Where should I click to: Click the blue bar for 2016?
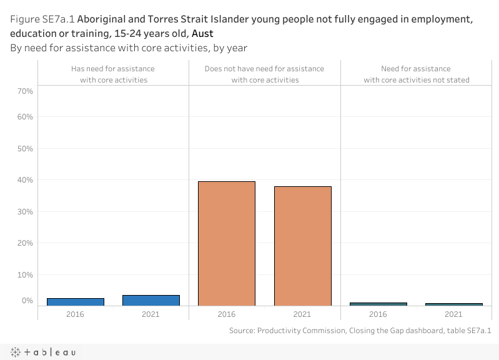(x=75, y=302)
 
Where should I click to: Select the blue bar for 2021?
(x=151, y=301)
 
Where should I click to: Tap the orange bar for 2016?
(x=226, y=243)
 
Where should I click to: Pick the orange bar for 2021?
(x=302, y=246)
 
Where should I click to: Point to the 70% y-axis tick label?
(x=26, y=91)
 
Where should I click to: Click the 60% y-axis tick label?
(x=26, y=117)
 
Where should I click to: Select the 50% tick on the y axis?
(x=26, y=149)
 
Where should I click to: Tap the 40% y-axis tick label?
(x=26, y=180)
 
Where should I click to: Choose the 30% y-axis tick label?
(x=26, y=212)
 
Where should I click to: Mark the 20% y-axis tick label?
(x=26, y=243)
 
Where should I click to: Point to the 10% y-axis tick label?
(x=26, y=275)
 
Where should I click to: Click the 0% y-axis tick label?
(x=27, y=301)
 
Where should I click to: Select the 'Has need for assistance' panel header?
(x=113, y=74)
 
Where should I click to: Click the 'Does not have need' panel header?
(x=265, y=74)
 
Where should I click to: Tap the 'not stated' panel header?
(x=416, y=74)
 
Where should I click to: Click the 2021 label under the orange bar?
(x=302, y=314)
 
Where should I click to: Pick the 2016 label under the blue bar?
(x=75, y=314)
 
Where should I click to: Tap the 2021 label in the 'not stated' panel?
(x=453, y=314)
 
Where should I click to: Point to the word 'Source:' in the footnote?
(x=242, y=330)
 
